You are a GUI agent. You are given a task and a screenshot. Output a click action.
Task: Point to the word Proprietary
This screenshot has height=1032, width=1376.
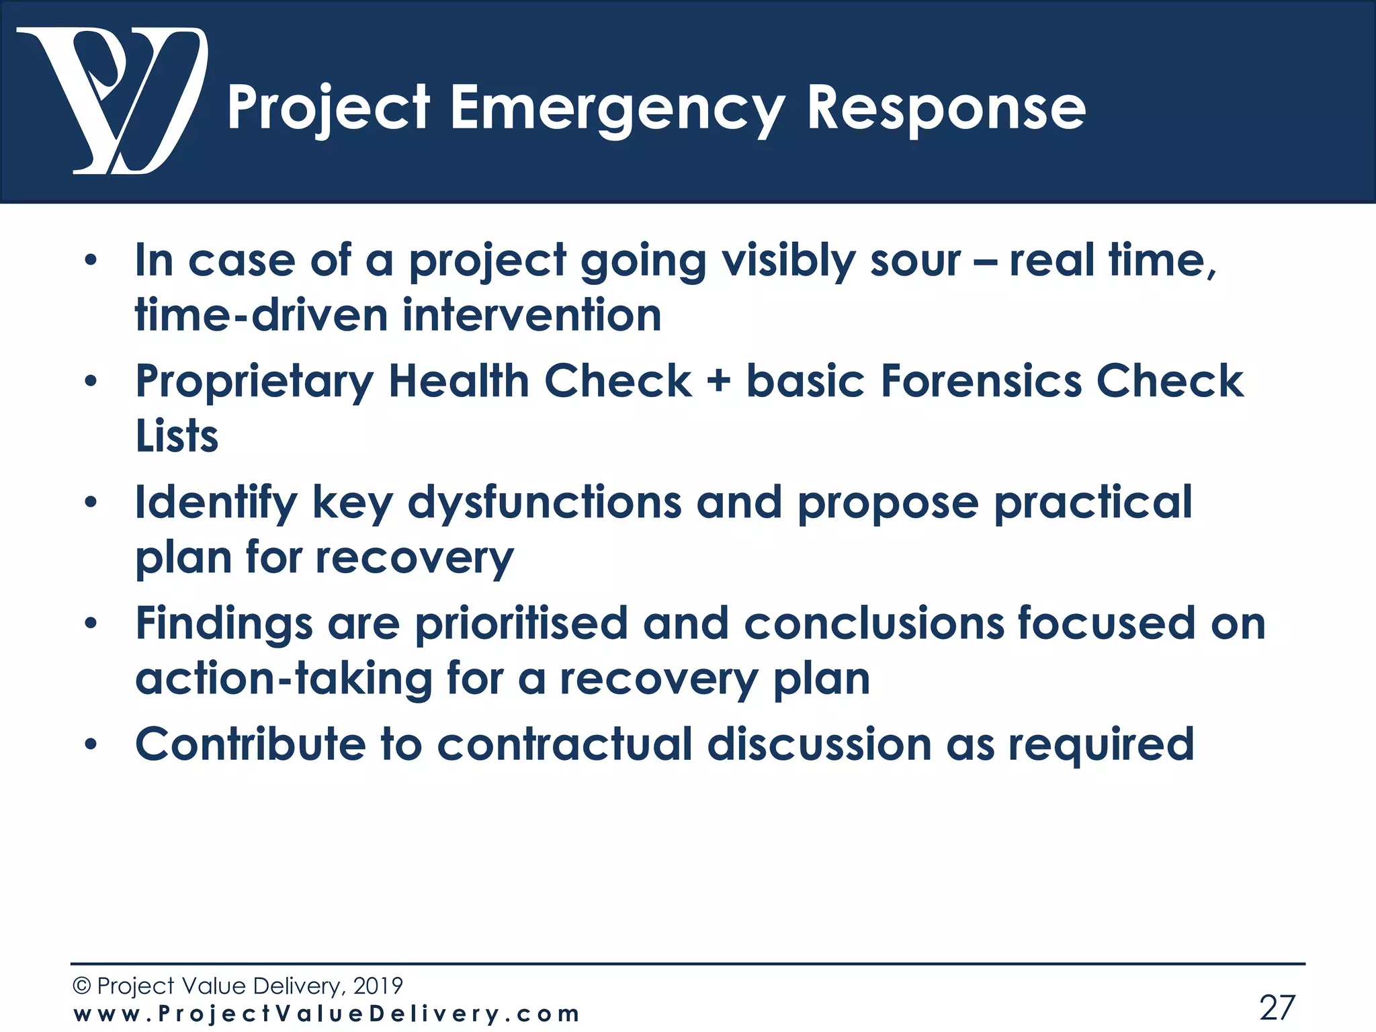[254, 381]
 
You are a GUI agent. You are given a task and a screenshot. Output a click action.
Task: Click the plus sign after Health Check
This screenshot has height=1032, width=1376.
[718, 381]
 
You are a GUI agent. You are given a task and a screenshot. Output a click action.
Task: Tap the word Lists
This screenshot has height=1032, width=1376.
[177, 435]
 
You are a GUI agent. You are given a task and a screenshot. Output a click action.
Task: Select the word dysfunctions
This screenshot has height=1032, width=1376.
[544, 503]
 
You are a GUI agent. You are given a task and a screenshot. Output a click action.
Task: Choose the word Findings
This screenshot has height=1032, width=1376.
[224, 623]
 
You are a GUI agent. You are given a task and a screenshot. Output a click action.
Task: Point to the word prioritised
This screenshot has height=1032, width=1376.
[521, 623]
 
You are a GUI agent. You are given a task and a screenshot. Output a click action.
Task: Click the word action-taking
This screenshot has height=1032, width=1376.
[284, 678]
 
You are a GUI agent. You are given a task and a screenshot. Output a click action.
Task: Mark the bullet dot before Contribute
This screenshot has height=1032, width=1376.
[91, 744]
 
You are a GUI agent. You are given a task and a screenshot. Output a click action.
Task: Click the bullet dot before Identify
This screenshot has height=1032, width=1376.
[91, 503]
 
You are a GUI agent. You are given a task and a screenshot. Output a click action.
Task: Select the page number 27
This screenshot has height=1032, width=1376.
[1277, 1007]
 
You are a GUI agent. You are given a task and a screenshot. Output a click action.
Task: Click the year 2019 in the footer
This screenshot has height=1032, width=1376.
[378, 986]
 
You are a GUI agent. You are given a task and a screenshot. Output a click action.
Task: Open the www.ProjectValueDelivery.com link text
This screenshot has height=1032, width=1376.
[326, 1013]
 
